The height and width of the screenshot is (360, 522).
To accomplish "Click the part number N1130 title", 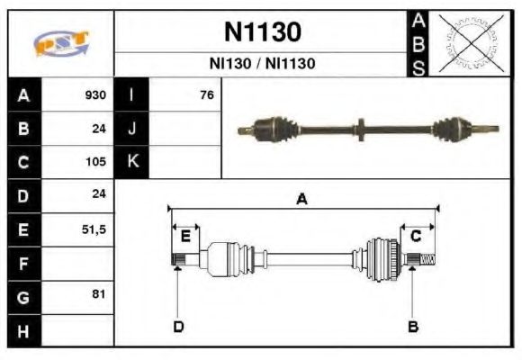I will (262, 32).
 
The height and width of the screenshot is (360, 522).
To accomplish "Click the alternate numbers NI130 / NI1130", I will (262, 64).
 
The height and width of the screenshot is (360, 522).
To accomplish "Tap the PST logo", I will (61, 43).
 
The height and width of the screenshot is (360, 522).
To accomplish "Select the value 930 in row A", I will (95, 94).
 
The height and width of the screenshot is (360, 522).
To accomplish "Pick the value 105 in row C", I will (95, 162).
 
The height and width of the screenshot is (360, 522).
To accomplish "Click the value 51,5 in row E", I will (94, 229).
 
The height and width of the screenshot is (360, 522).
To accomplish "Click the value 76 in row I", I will (206, 94).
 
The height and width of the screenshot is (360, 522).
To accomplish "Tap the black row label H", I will (23, 331).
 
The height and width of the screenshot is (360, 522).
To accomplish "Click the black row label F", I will (23, 264).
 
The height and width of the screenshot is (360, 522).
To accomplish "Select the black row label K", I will (132, 162).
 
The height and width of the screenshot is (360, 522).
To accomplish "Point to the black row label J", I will (132, 128).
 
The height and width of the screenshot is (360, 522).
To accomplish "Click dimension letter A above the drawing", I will (302, 200).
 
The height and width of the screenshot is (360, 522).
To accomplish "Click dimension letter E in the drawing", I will (185, 236).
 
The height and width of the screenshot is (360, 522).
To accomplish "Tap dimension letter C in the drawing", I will (416, 236).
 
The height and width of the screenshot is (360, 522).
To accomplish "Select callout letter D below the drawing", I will (178, 326).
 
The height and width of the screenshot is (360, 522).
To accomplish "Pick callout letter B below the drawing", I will (413, 326).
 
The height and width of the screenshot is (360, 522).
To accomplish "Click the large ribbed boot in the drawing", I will (382, 257).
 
